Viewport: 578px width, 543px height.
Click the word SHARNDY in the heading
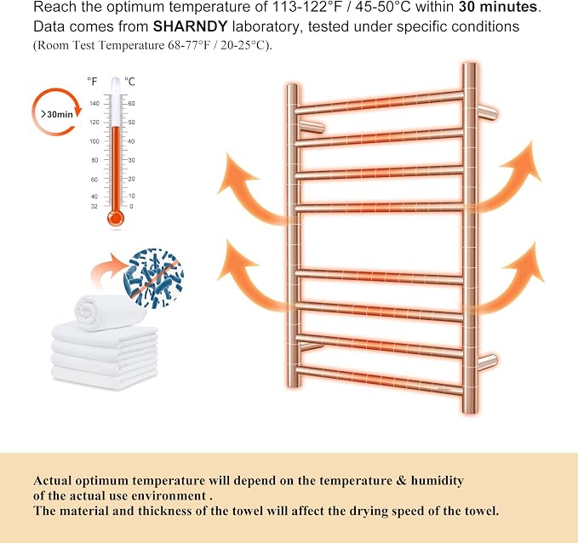coord(190,26)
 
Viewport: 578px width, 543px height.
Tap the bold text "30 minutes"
coord(498,7)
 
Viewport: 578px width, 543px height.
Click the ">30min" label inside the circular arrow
coord(57,114)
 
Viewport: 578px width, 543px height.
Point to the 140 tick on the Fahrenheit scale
coord(94,104)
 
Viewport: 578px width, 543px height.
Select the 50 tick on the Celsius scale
coord(131,123)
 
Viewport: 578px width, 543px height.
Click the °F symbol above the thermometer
coord(92,82)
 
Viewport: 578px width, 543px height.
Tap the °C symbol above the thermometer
coord(129,82)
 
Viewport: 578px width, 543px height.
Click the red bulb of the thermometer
coord(116,218)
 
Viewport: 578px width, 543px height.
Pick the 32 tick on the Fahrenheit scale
coord(94,207)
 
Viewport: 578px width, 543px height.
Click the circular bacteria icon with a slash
coord(154,278)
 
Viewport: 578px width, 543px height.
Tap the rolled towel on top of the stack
coord(110,312)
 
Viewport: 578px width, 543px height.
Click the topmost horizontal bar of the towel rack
coord(379,102)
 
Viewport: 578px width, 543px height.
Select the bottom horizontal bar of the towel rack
coord(379,380)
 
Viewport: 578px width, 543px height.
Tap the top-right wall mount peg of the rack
coord(487,111)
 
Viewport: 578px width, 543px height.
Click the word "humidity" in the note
coord(438,481)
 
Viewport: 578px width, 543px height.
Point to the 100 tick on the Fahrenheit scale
coord(94,141)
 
